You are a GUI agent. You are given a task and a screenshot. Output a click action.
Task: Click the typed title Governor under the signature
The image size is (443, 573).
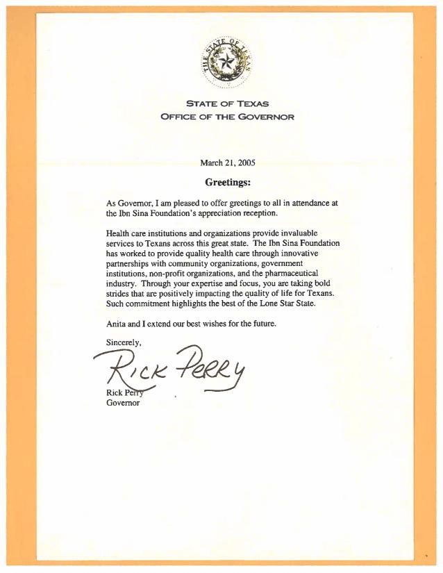tap(123, 404)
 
